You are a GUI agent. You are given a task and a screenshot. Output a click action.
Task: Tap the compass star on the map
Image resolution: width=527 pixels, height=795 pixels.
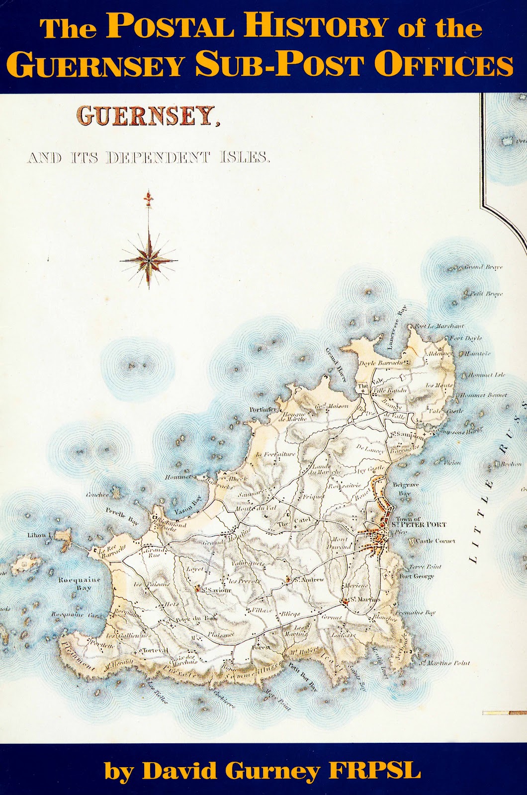point(149,259)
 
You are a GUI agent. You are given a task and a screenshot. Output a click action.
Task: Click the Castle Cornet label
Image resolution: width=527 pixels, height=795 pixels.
point(432,541)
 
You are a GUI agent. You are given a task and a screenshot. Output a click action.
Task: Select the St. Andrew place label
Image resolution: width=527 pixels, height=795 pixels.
point(309,579)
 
